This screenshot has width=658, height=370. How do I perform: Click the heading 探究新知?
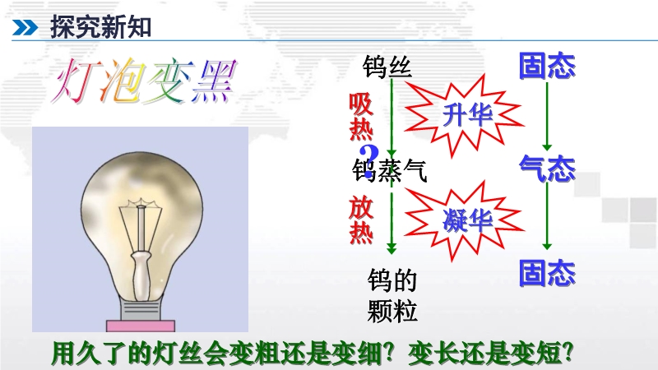(x=100, y=27)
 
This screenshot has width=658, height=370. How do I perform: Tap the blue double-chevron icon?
(x=25, y=28)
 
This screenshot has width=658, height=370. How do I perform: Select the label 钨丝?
(x=387, y=67)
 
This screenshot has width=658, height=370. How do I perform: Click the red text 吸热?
(x=361, y=116)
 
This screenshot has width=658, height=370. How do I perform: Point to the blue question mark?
(x=369, y=161)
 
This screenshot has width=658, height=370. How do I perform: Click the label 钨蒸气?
(x=389, y=171)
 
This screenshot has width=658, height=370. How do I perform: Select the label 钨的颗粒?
(x=392, y=295)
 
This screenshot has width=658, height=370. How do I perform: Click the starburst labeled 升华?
(x=464, y=114)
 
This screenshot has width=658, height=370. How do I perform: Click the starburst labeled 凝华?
(x=464, y=220)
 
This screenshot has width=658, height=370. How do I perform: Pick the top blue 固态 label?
(x=547, y=66)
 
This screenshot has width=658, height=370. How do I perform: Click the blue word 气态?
(x=547, y=169)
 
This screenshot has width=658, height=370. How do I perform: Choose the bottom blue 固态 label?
(x=547, y=273)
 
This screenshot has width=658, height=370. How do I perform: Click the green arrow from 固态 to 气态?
(x=547, y=116)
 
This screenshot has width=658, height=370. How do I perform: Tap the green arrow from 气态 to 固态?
(x=547, y=216)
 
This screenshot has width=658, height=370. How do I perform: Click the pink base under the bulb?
(x=141, y=326)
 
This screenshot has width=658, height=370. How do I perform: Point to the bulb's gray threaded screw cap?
(x=140, y=310)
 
